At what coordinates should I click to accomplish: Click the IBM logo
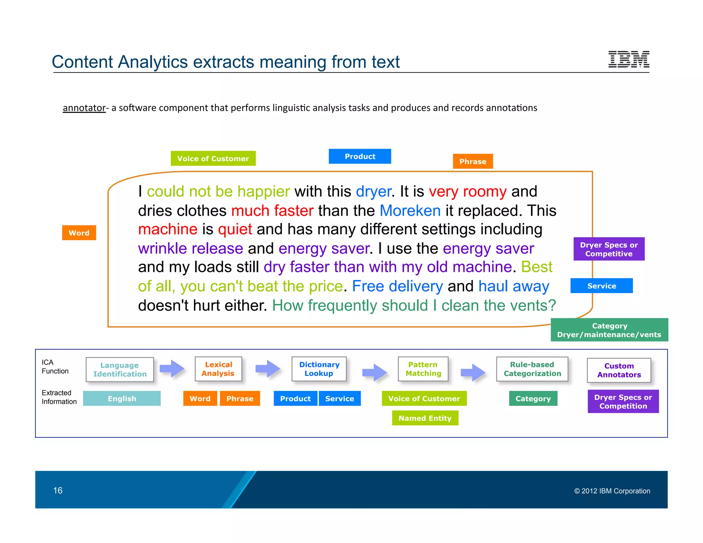click(629, 59)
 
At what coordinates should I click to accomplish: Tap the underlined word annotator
click(84, 108)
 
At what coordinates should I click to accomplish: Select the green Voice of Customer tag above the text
click(213, 159)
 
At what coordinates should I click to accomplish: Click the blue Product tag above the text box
click(360, 157)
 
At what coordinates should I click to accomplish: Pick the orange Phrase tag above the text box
click(473, 161)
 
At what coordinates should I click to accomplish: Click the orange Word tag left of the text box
click(79, 233)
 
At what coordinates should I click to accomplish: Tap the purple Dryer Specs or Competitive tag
click(609, 249)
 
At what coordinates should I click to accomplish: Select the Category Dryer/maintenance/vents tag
click(609, 330)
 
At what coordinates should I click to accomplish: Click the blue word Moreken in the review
click(410, 210)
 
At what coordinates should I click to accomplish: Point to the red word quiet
click(235, 229)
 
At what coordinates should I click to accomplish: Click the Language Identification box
click(120, 369)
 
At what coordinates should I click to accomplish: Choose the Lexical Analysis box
click(218, 369)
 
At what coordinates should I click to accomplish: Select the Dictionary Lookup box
click(319, 369)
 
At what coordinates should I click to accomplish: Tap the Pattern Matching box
click(423, 369)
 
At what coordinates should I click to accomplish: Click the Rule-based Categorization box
click(532, 369)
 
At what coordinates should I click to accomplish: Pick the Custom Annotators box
click(619, 370)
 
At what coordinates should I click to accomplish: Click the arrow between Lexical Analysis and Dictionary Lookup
click(267, 369)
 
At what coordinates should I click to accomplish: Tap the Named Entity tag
click(425, 418)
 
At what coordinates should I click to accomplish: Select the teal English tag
click(122, 398)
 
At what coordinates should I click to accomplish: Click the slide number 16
click(58, 490)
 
